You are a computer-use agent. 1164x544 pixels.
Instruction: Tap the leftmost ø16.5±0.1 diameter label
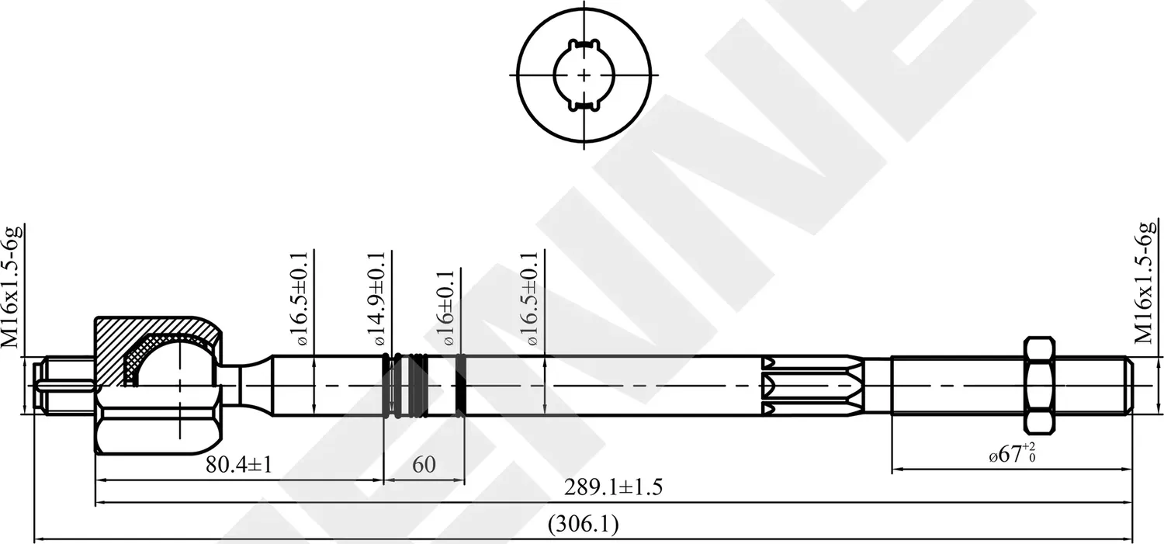pos(302,299)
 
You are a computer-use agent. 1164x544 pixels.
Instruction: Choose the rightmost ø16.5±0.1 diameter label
pos(532,299)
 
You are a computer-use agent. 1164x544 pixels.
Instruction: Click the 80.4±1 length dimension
pos(238,465)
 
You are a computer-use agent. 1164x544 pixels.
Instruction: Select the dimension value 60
pos(424,465)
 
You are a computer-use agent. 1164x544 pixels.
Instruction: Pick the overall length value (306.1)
pos(583,525)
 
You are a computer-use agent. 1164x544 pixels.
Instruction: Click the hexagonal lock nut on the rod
pos(1039,385)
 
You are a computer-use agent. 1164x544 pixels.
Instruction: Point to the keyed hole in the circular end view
pos(584,74)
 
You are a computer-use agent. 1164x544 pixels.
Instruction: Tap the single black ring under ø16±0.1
pos(462,385)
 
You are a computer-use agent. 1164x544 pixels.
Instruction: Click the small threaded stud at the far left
pos(66,385)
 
